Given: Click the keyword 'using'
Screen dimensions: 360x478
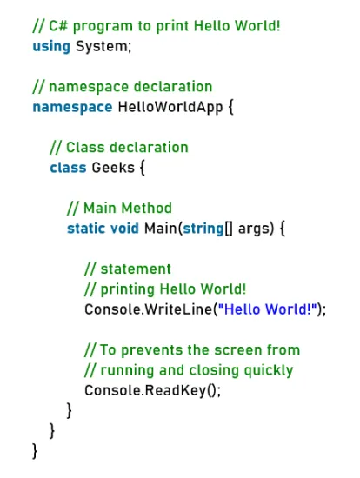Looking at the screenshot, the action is coord(51,47).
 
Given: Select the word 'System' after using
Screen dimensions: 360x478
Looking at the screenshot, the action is coord(102,46).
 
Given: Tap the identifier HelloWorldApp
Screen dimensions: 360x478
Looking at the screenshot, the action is coord(170,107).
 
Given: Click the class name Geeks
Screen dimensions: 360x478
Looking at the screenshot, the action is coord(113,168).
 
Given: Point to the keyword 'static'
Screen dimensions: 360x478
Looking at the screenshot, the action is coord(86,229).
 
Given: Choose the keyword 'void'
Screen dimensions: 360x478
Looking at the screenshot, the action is coord(124,229).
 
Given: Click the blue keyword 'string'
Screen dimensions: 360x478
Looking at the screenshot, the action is coord(203,229).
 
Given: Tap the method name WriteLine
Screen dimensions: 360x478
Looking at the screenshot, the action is coord(178,309).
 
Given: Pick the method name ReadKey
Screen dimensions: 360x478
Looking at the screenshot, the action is coord(176,391).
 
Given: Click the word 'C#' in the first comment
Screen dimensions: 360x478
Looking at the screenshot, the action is coord(58,26).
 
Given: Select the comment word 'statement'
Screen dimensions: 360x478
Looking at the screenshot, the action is coord(136,269).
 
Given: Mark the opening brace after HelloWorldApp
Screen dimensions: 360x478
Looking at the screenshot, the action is coord(230,108).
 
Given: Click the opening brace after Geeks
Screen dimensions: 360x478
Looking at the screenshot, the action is coord(142,168).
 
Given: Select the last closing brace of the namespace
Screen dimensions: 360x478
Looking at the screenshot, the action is coord(35,451).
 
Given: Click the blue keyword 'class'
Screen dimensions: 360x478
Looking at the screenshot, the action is coord(68,168).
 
